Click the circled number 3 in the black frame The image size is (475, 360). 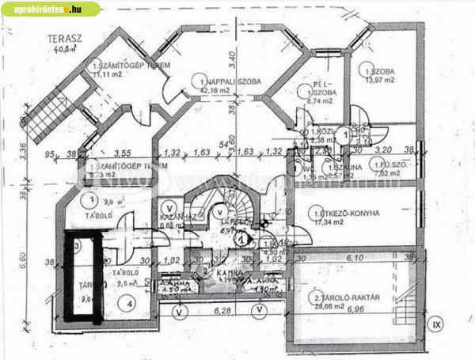(x=78, y=246)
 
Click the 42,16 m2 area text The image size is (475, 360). (x=215, y=91)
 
